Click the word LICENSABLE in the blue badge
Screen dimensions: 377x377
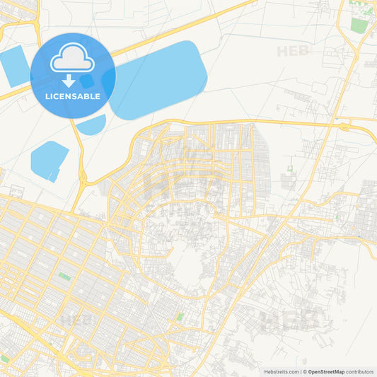tap(73, 96)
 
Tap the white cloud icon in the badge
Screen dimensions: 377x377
tap(73, 59)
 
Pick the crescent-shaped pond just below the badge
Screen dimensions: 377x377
tap(91, 126)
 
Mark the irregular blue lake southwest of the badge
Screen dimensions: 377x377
tap(49, 160)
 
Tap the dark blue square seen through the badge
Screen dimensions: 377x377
tap(88, 81)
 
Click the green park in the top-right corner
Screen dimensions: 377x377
tap(359, 25)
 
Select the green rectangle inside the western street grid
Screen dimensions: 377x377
tap(64, 276)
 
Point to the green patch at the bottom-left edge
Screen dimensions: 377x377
tap(4, 359)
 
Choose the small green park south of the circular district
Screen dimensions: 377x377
tap(180, 317)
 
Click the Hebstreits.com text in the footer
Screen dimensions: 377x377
tap(280, 371)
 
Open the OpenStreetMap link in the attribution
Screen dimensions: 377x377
tap(325, 371)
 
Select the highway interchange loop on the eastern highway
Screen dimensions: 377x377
tap(345, 127)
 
